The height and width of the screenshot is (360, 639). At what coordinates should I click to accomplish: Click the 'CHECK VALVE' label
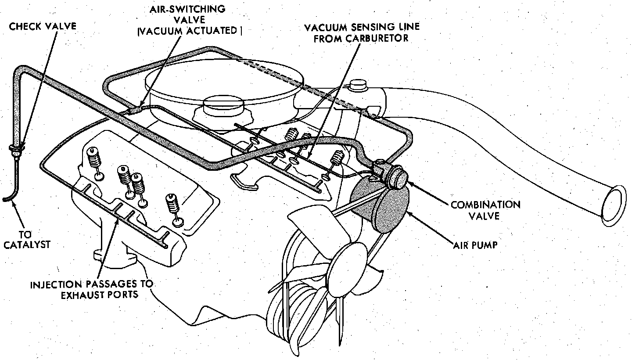point(43,26)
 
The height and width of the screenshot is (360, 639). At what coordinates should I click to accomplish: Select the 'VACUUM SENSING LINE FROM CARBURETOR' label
point(362,32)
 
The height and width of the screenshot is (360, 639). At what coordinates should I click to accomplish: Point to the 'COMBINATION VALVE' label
point(485,210)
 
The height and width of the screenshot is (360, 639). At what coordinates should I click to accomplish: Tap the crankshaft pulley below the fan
point(290,312)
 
